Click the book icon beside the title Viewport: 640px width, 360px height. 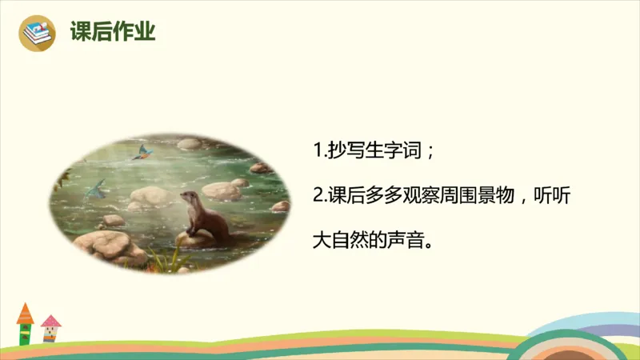[x=36, y=33]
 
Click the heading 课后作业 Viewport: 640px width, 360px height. [x=112, y=33]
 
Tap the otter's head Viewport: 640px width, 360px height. [x=189, y=198]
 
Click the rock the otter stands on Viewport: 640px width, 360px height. [x=196, y=238]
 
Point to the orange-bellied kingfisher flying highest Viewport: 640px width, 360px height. [x=143, y=152]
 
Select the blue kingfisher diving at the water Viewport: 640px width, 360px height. [x=96, y=189]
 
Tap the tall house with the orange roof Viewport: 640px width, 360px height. [x=26, y=324]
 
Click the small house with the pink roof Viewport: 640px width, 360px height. [x=51, y=329]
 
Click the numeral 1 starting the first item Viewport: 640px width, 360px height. [x=317, y=151]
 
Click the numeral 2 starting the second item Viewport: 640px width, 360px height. [x=318, y=195]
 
